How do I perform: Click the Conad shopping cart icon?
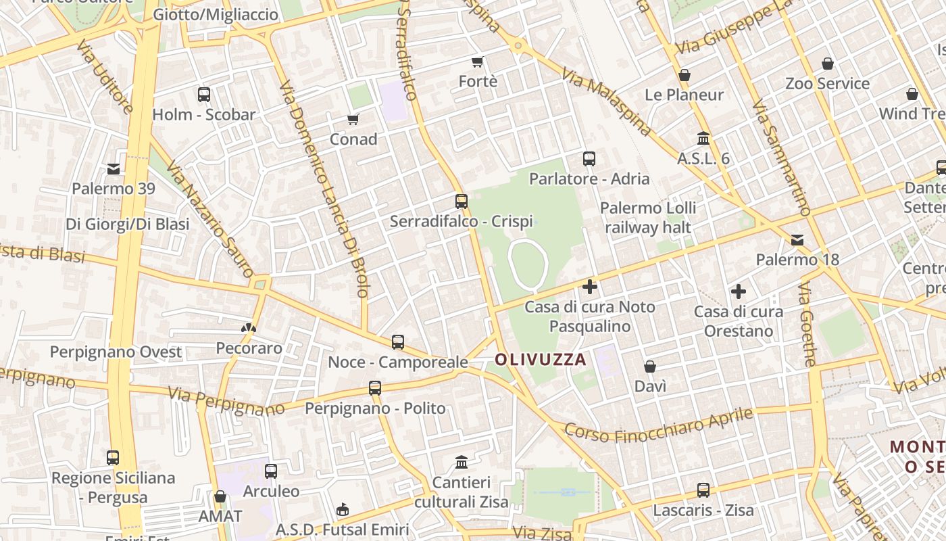coord(353,120)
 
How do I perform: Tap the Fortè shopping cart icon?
coord(478,62)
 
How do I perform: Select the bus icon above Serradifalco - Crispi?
coord(462,202)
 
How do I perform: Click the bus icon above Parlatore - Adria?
coord(589,159)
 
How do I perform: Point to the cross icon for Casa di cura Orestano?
coord(739,291)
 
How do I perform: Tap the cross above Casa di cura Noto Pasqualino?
coord(590,287)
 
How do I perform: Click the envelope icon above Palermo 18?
coord(797,239)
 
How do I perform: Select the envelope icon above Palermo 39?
coord(114,168)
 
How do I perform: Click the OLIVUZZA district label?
coord(541,360)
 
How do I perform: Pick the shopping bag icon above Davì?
coord(650,367)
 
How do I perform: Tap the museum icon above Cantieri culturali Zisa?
coord(462,463)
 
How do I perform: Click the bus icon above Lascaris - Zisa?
coord(703,490)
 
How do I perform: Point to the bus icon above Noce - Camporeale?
coord(398,342)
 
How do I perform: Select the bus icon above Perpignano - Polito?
coord(375,388)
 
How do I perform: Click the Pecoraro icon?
coord(249,328)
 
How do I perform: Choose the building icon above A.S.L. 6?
coord(703,138)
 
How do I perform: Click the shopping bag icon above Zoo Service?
coord(828,64)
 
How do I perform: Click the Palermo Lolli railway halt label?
coord(648,217)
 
